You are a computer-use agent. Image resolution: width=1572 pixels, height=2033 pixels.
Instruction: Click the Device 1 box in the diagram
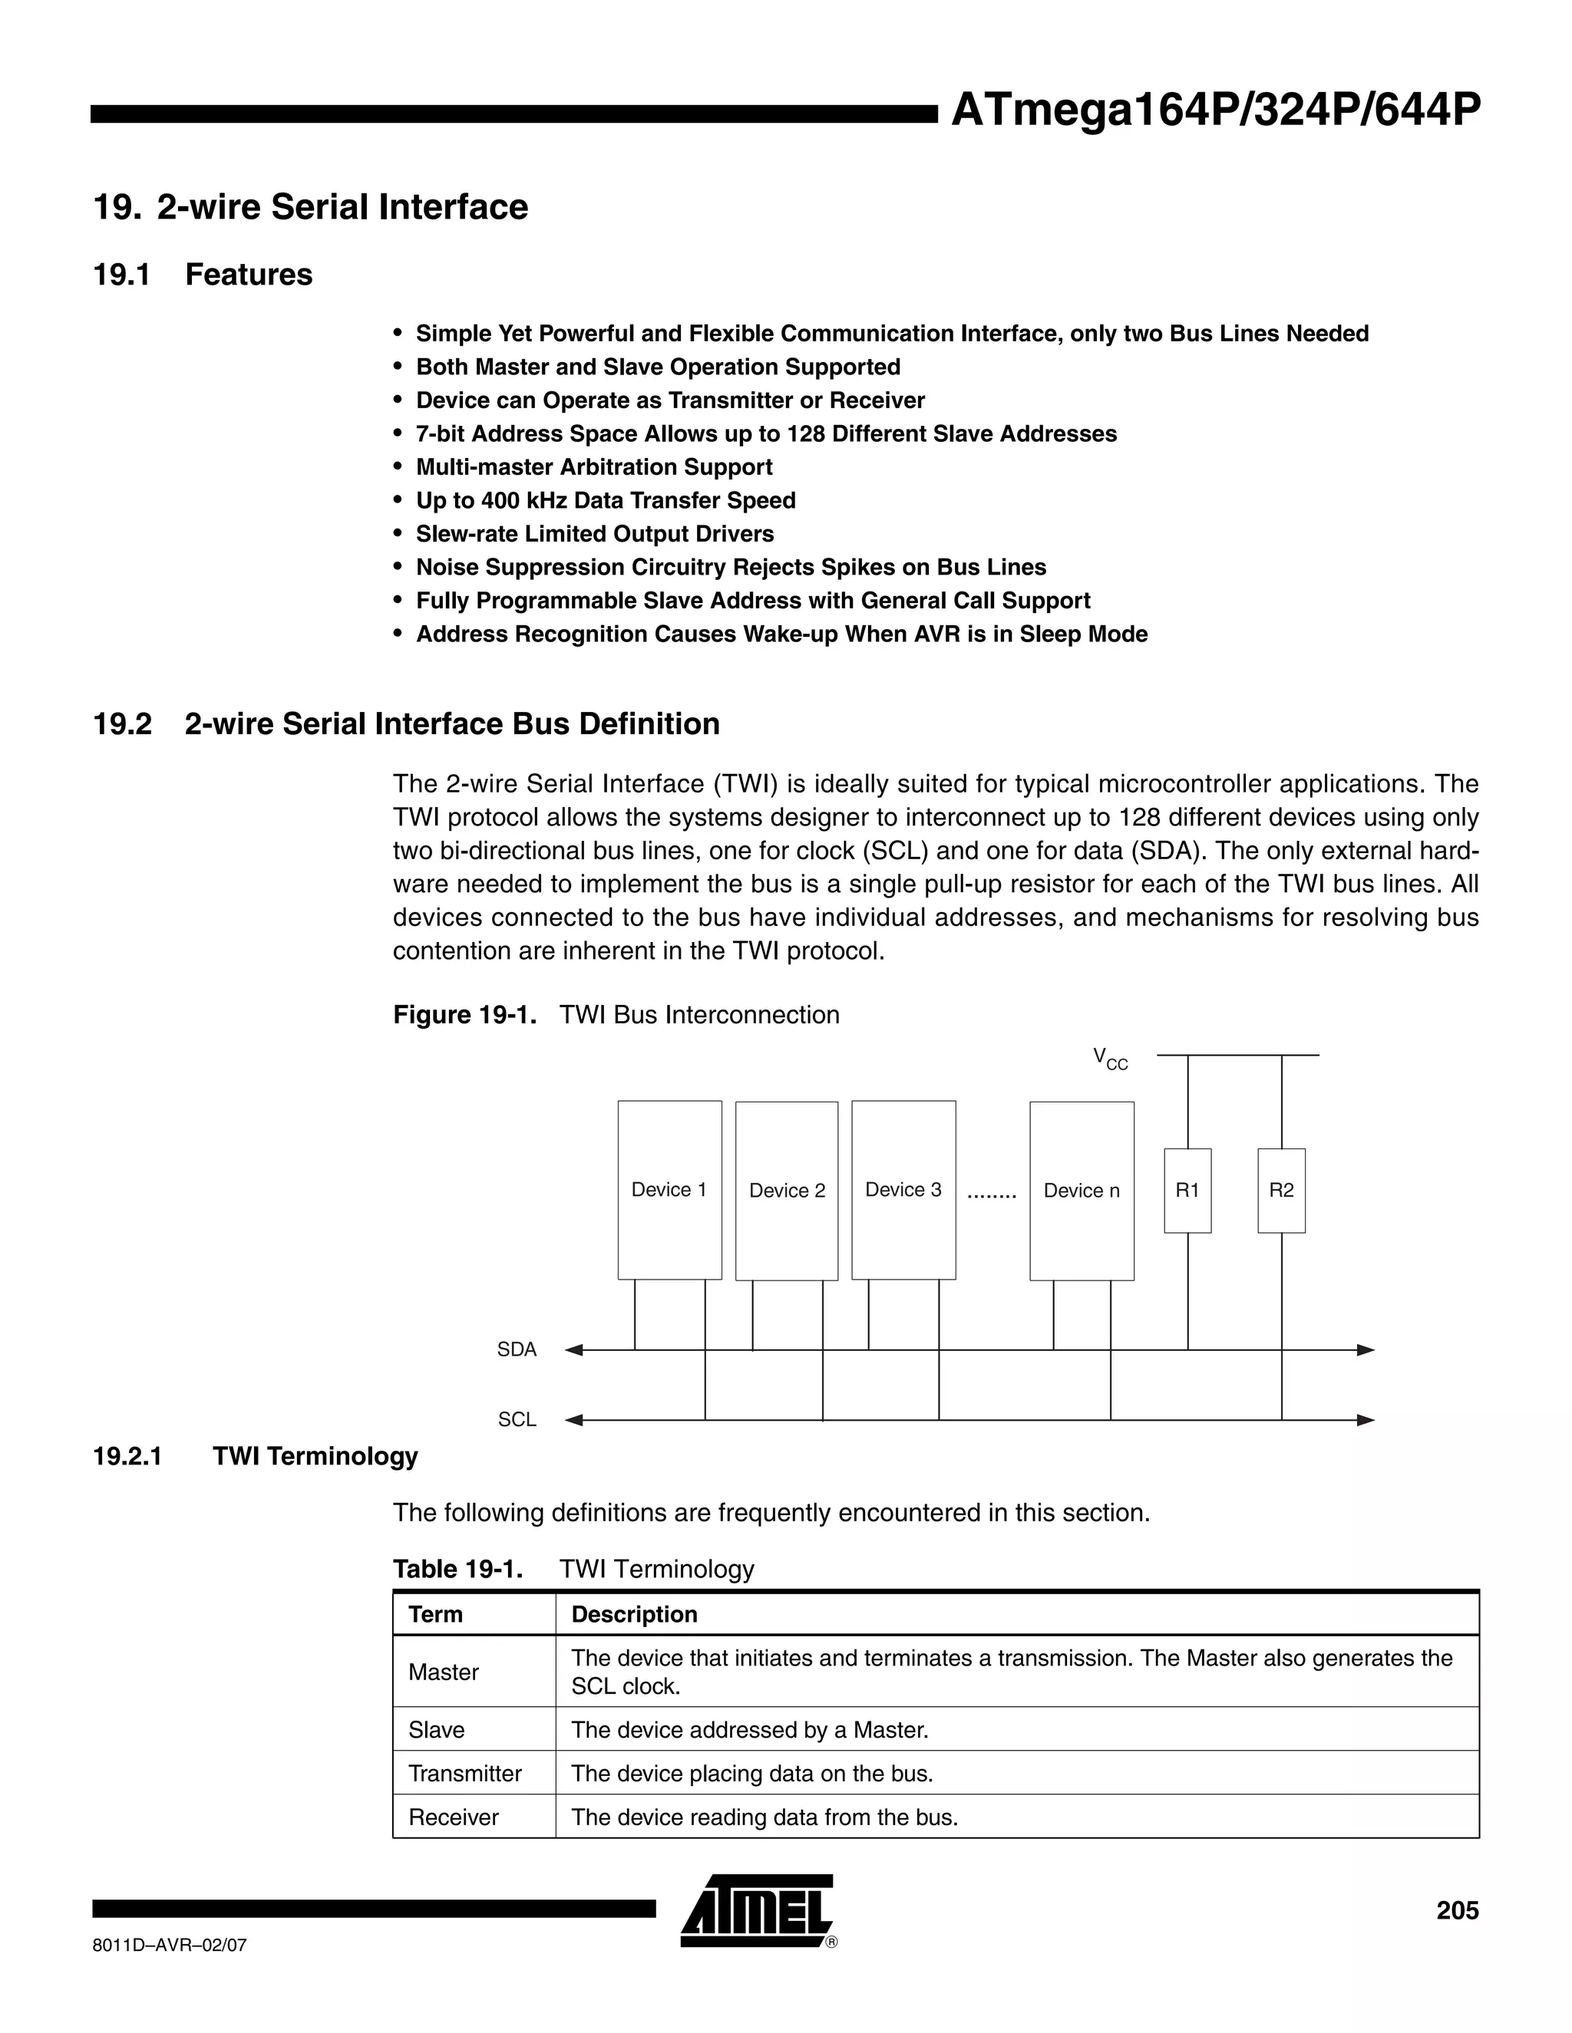coord(669,1190)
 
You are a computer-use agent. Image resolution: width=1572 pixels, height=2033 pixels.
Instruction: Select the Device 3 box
coord(903,1190)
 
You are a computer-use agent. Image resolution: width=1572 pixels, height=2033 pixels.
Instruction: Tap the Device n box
coord(1082,1191)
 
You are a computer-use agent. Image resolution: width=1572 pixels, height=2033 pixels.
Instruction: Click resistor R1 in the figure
coord(1187,1190)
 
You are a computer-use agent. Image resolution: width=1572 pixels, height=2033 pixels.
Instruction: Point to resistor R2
coord(1280,1190)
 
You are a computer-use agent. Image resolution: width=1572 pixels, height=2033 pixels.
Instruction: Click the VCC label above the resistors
coord(1110,1059)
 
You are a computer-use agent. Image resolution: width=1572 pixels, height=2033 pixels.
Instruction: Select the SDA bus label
coord(517,1349)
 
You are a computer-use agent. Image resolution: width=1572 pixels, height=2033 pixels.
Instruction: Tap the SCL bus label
coord(517,1419)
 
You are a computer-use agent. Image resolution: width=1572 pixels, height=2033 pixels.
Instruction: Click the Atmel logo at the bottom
coord(757,1911)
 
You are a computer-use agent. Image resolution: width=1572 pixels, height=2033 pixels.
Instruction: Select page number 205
coord(1457,1910)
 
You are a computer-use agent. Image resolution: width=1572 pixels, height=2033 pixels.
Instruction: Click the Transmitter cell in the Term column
coord(464,1773)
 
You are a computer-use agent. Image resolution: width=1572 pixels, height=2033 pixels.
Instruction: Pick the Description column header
coord(634,1614)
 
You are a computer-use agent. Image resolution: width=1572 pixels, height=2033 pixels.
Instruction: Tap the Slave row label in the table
coord(436,1729)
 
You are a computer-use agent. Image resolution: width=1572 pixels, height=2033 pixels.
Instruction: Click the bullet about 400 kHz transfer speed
coord(606,501)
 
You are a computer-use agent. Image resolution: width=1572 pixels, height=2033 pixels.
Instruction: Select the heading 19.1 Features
coord(203,275)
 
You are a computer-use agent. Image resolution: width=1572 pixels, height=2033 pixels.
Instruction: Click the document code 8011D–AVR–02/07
coord(170,1945)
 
